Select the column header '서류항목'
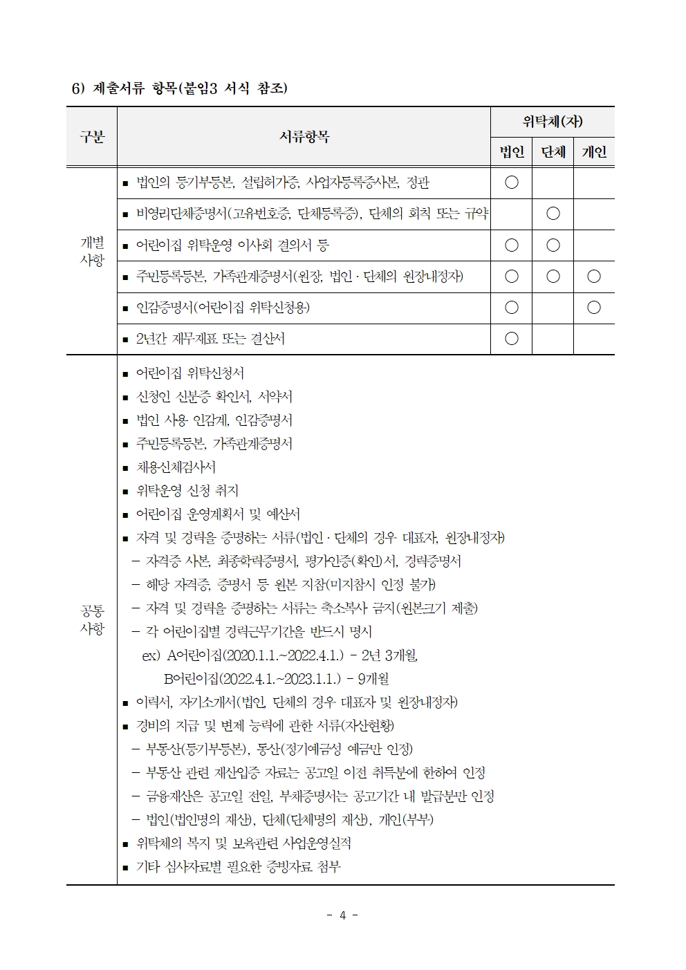304,137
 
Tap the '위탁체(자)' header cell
553,122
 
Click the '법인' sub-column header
512,152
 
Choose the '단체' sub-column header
553,152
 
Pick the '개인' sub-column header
594,152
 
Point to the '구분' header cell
92,137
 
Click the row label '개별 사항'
92,252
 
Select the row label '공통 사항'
92,619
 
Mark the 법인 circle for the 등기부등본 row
512,183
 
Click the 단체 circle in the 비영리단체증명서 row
553,214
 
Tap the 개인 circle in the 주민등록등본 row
594,277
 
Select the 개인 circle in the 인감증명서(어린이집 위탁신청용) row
594,308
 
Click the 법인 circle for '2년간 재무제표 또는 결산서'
512,339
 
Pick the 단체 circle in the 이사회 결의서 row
553,245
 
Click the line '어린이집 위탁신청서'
189,373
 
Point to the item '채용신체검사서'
176,467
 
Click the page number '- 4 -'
342,915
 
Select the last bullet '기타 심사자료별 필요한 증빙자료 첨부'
238,867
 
